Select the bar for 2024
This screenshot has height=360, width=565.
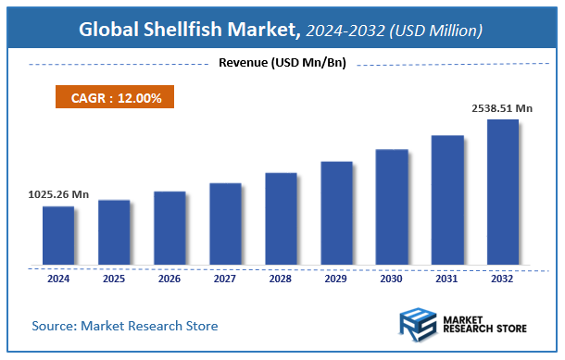click(58, 235)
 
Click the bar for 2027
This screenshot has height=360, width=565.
click(225, 223)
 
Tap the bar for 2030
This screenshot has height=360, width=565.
click(392, 206)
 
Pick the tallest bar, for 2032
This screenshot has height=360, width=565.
click(503, 192)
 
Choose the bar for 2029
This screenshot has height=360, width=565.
click(336, 213)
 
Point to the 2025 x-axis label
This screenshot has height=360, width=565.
click(114, 278)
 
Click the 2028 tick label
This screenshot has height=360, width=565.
click(281, 278)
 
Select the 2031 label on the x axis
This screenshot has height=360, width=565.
click(447, 278)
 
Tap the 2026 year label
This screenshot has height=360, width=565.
click(169, 278)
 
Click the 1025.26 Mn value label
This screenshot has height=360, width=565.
click(57, 194)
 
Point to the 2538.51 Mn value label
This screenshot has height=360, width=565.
click(501, 108)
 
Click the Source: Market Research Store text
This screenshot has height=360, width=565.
click(125, 326)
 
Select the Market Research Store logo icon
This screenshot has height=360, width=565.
click(417, 326)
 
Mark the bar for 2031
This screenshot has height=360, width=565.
click(447, 200)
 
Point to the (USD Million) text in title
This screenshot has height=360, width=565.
click(435, 31)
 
